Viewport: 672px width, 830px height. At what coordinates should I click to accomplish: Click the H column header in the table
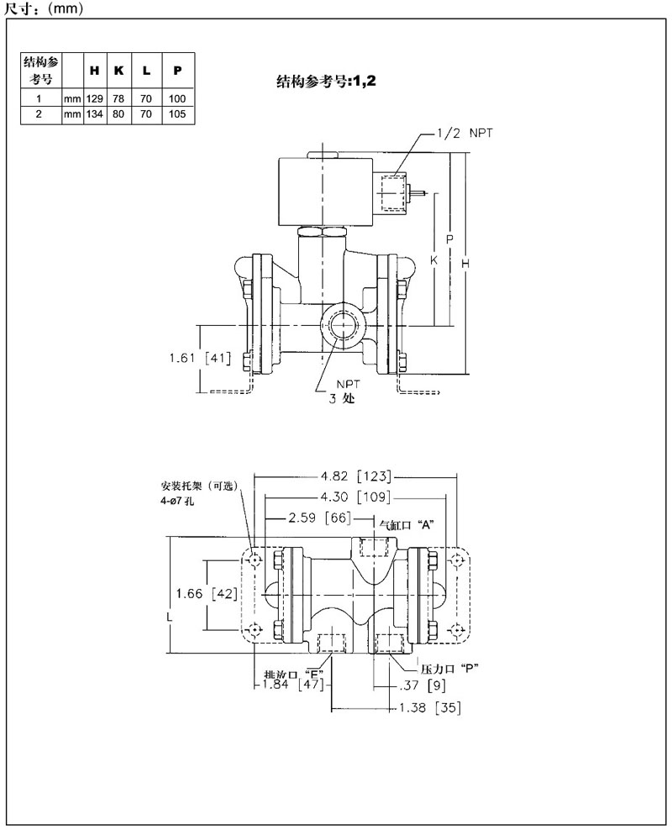coord(94,71)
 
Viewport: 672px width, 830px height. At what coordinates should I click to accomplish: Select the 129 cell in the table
coord(94,98)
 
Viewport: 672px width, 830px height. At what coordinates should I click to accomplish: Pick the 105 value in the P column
coord(176,112)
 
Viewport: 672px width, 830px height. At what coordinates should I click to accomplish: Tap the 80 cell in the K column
coord(119,112)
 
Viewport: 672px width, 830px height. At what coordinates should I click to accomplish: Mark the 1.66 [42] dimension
coord(205,594)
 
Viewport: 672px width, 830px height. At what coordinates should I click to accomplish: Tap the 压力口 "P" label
coord(449,669)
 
